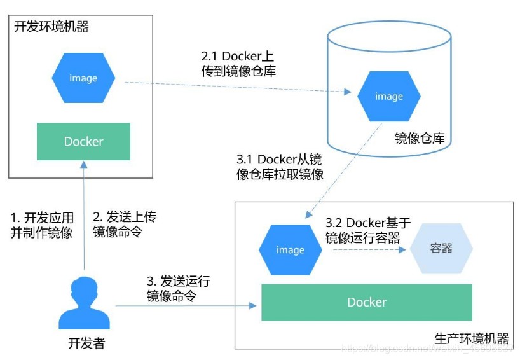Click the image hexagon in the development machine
83,78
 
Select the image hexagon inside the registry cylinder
388,97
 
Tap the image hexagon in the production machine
290,250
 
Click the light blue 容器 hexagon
441,248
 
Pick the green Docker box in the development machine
83,141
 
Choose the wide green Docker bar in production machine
367,302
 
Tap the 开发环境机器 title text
51,27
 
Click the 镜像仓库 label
420,138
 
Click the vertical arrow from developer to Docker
84,216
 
